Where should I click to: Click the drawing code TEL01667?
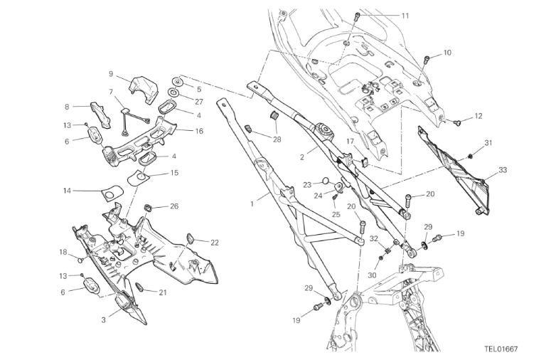[501, 349]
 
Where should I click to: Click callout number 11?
[405, 16]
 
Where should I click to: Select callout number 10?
[447, 53]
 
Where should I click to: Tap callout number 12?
[478, 115]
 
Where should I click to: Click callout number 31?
[488, 143]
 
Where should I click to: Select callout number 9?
[111, 73]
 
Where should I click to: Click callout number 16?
[199, 131]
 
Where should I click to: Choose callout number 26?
[174, 206]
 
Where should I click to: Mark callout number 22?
[215, 242]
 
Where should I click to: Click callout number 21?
[163, 292]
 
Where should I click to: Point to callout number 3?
[103, 320]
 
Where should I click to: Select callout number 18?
[63, 252]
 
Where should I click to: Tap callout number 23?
[306, 184]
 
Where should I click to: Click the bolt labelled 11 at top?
[358, 15]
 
